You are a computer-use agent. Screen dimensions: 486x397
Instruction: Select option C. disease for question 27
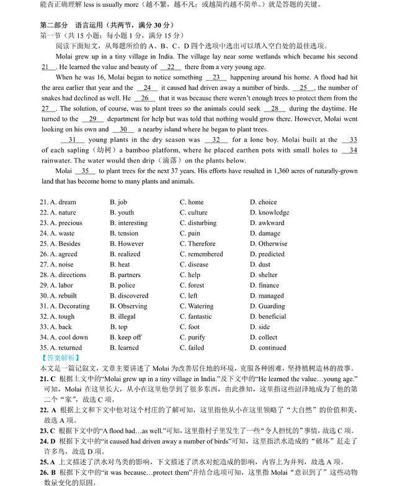coord(194,265)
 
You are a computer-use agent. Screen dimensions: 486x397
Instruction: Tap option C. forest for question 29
coord(192,285)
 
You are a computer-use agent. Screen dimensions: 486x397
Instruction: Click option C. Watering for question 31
coord(196,306)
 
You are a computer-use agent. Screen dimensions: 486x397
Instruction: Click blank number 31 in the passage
coord(72,140)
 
